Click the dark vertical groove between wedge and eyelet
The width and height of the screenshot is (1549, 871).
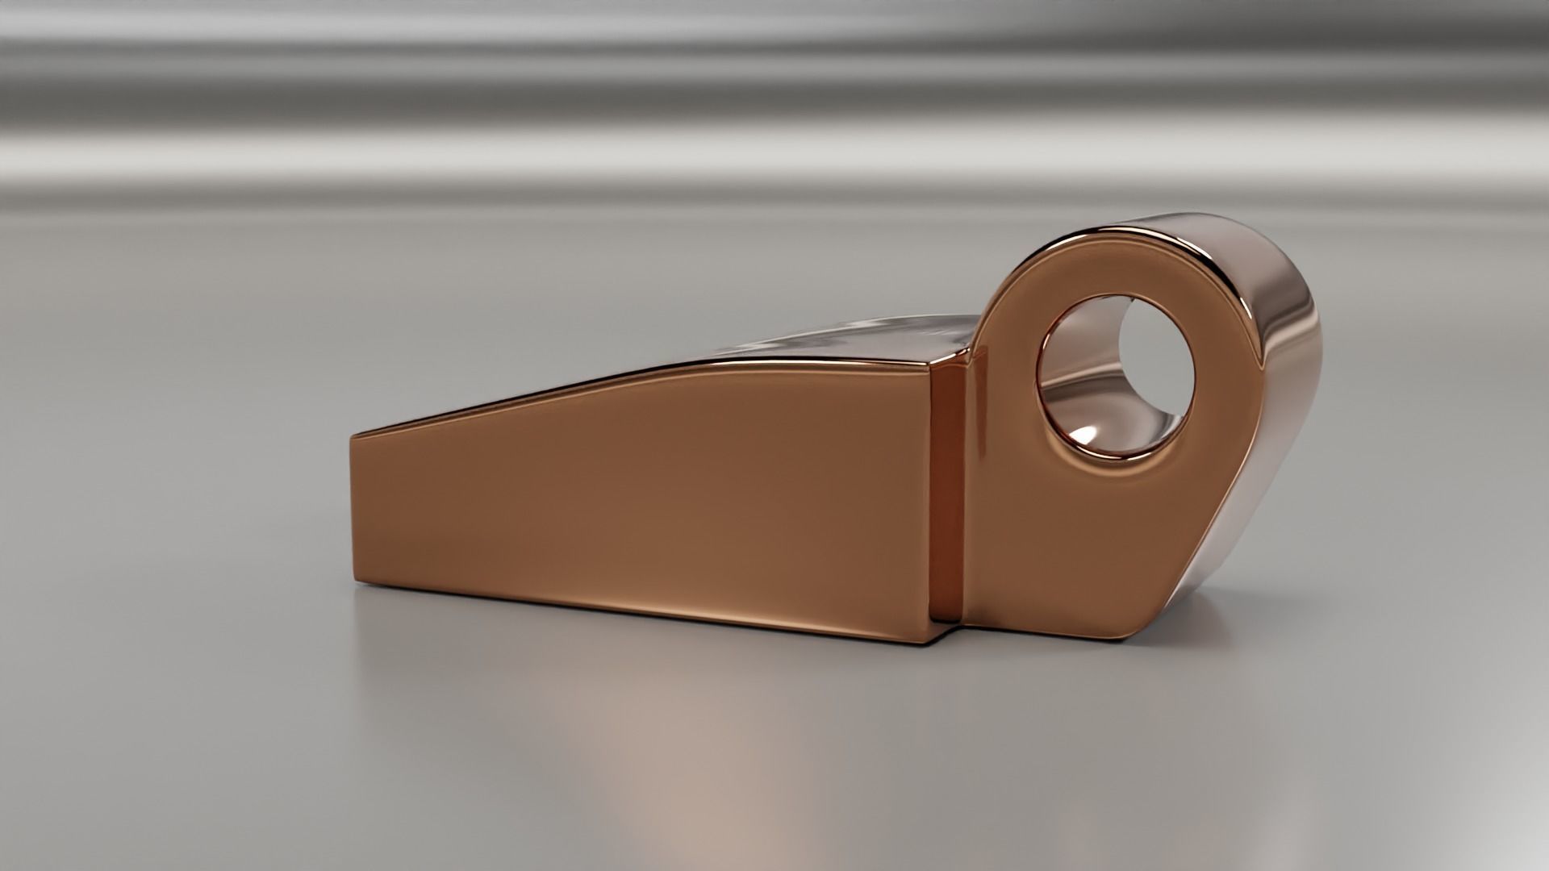tap(947, 492)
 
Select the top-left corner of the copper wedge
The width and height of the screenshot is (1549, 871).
tap(353, 438)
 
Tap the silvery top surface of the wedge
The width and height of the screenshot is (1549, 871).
tap(847, 339)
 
